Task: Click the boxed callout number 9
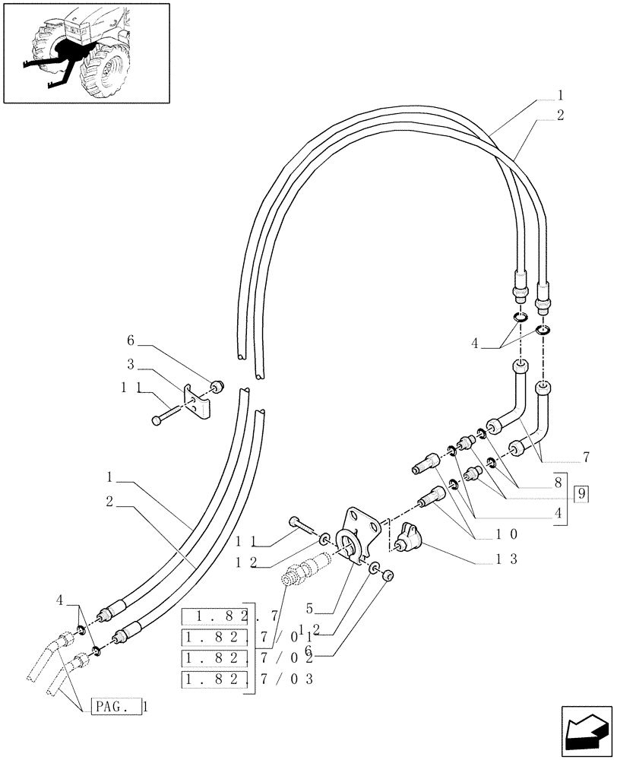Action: click(x=582, y=494)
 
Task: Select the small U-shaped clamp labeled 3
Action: click(x=199, y=401)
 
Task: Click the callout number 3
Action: click(x=131, y=364)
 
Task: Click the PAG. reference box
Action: click(x=117, y=707)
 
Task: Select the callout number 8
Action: click(x=558, y=481)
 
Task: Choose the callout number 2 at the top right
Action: click(x=560, y=116)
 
